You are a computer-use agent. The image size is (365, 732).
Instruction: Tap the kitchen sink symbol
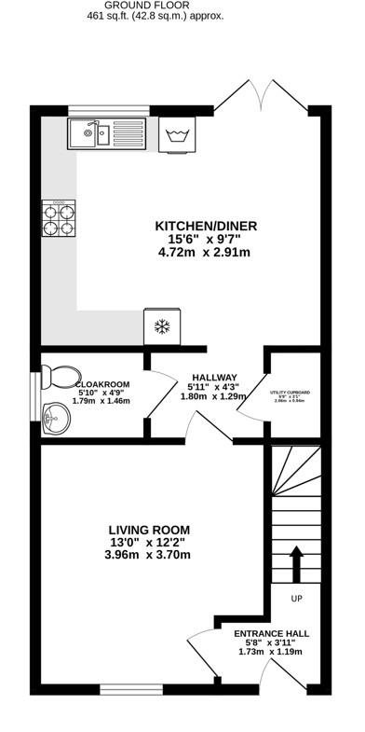tap(105, 133)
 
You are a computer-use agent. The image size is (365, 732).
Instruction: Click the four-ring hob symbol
tap(58, 217)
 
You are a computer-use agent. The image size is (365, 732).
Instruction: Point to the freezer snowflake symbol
tap(162, 326)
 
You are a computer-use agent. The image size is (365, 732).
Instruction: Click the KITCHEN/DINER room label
tap(206, 226)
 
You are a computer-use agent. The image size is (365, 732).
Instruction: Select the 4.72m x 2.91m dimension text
tap(206, 252)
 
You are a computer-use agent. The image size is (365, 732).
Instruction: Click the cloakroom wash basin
tap(57, 418)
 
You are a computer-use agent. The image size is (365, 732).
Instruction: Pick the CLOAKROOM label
tap(101, 383)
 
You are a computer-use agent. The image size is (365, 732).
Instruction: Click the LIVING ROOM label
tap(148, 529)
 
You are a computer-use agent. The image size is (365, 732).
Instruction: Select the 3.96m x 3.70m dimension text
tap(148, 555)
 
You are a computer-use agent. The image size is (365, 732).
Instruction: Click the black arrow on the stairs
tap(297, 563)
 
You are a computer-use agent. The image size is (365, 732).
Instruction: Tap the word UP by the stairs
tap(297, 598)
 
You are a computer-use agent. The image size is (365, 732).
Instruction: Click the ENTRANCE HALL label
tap(271, 632)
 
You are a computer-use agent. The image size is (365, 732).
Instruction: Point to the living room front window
tap(126, 690)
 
